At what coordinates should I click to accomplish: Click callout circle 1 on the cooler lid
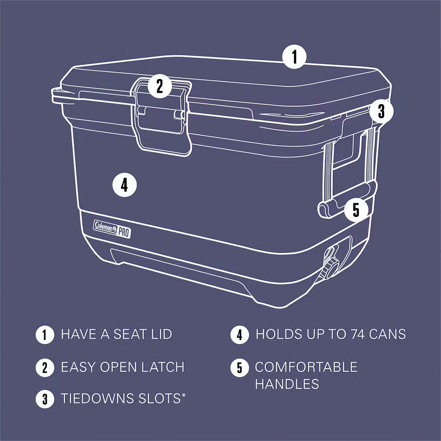click(x=294, y=57)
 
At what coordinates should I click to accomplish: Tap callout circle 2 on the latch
click(x=159, y=86)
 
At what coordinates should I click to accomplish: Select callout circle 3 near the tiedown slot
click(x=381, y=111)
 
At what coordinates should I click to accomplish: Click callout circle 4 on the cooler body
click(x=125, y=185)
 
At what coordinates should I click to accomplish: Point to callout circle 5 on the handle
click(x=356, y=209)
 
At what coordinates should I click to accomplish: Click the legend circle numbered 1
click(x=45, y=334)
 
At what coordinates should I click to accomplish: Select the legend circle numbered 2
click(x=45, y=367)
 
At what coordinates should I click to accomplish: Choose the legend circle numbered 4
click(x=239, y=334)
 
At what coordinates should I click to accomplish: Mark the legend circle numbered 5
click(x=239, y=367)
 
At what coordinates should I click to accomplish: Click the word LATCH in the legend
click(x=163, y=367)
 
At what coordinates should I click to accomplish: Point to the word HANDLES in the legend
click(x=287, y=384)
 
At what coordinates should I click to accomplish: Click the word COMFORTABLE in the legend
click(x=306, y=367)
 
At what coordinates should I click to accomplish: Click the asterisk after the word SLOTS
click(x=183, y=395)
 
